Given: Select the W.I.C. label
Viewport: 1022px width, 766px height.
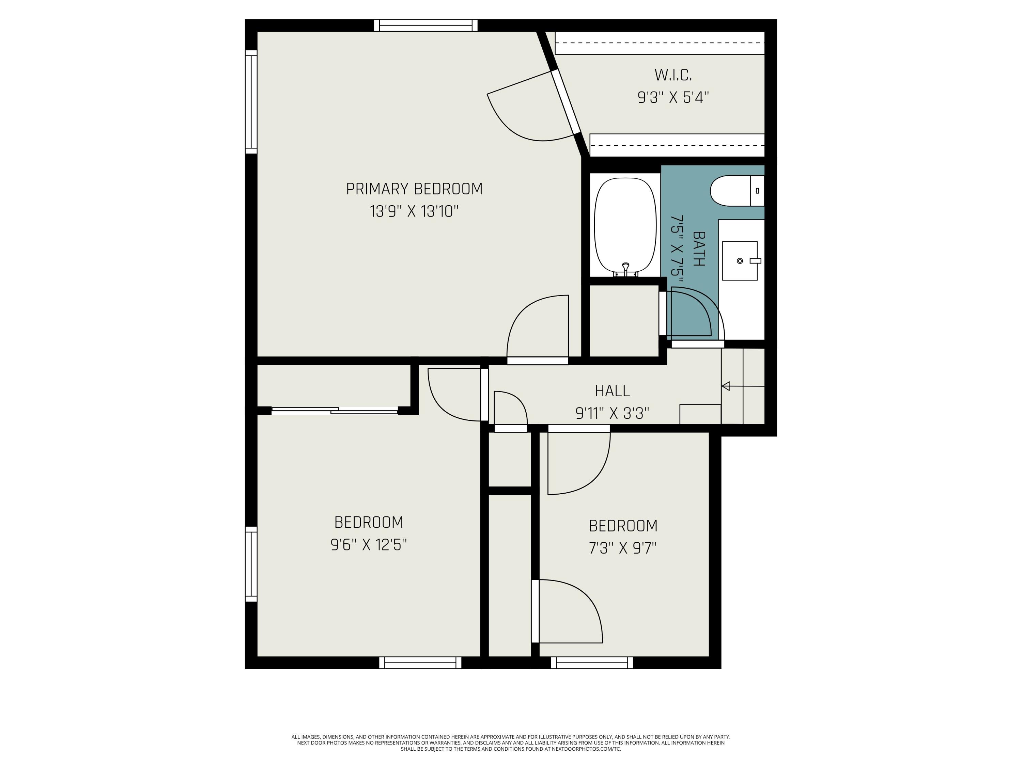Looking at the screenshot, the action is pos(673,75).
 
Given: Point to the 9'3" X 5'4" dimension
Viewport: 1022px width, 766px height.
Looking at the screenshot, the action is pos(673,97).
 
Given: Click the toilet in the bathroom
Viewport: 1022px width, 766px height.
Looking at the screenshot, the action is pos(737,191).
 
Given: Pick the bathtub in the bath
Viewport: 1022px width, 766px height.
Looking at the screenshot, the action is pos(625,227).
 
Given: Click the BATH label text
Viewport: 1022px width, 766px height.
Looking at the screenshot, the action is pos(699,249).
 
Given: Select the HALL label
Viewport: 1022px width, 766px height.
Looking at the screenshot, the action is pos(612,391).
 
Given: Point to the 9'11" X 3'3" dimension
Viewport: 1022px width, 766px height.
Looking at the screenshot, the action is pos(612,413).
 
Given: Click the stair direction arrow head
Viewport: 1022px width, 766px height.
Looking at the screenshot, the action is pos(725,386).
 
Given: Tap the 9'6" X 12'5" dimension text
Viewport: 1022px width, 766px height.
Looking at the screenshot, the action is pos(368,545).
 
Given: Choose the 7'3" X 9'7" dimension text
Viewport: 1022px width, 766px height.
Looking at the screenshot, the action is pos(623,548).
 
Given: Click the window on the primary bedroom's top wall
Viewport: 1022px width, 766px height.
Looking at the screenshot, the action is pos(425,26).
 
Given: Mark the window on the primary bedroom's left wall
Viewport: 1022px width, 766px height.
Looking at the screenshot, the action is pos(251,101).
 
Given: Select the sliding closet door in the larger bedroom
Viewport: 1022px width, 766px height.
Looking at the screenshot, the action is pos(335,411).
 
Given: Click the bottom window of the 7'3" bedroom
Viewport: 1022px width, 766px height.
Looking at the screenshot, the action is pos(592,663).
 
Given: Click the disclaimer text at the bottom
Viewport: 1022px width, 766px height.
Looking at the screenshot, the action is pos(511,743).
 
